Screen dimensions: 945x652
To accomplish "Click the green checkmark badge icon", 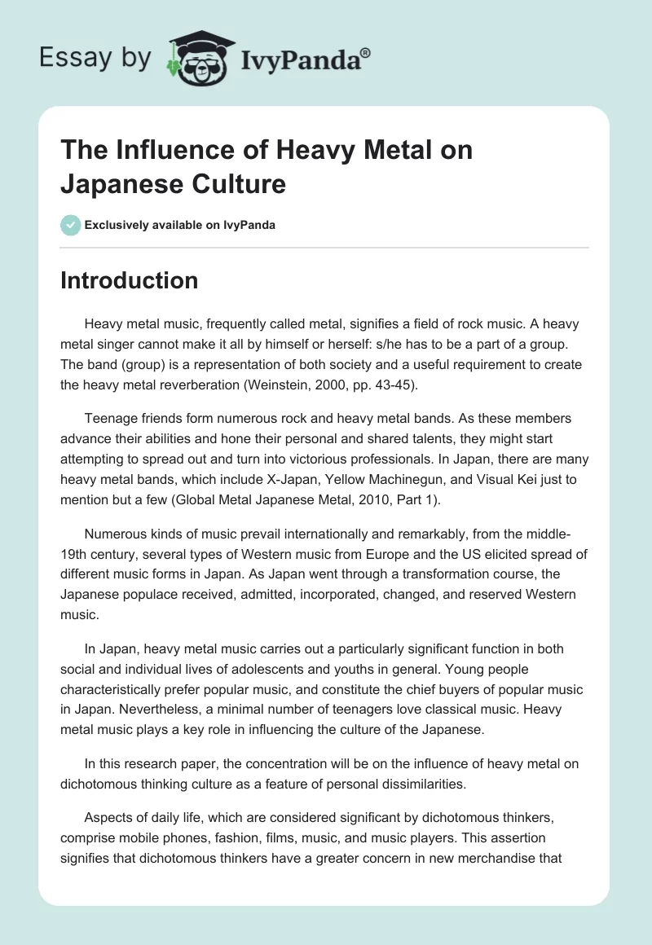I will click(x=70, y=225).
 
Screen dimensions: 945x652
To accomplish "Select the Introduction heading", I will click(x=130, y=280).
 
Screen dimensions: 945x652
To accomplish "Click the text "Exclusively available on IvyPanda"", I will click(x=179, y=225).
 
